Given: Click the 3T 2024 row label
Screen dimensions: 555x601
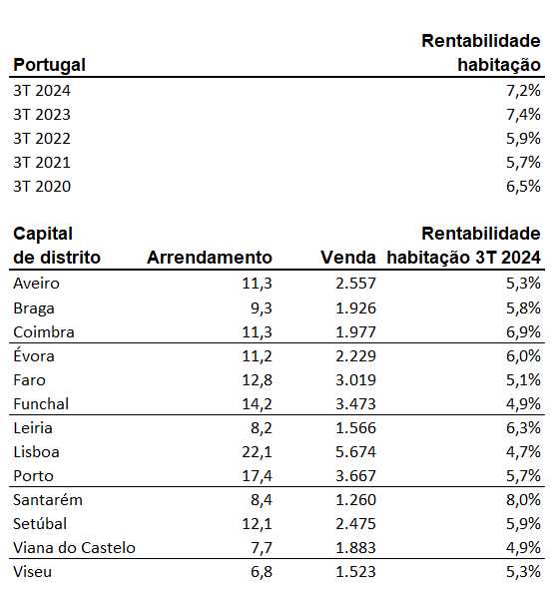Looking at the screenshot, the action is tap(42, 91).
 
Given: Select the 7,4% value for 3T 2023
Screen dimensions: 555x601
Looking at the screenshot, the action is tap(523, 115).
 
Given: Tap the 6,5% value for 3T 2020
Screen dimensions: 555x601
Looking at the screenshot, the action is tap(523, 187).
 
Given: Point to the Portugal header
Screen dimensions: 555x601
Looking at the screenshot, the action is tap(49, 65).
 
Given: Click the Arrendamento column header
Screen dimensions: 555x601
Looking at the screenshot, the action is tap(210, 258).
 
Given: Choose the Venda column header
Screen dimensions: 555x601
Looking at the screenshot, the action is tap(348, 258).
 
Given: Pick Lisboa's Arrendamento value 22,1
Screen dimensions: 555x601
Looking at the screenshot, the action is tap(257, 452).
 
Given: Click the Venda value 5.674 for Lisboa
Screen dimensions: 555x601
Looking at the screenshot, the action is tap(355, 452).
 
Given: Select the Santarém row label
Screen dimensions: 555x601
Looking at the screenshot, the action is tap(48, 500).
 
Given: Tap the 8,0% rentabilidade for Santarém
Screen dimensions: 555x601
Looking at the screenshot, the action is tap(523, 500).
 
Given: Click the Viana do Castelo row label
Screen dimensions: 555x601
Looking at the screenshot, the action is tap(74, 548).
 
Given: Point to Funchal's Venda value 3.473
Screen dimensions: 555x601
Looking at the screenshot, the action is tap(355, 404).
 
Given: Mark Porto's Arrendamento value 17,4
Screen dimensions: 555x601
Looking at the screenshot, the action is tap(257, 476).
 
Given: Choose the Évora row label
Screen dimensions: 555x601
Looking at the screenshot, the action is tap(34, 355).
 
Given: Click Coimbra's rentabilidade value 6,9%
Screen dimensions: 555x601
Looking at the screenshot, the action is tap(523, 332).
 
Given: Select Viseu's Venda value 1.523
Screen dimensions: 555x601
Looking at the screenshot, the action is tap(355, 572).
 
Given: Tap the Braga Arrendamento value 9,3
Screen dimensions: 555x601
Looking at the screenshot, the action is tap(261, 308).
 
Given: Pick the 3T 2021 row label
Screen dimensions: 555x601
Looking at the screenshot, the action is tap(42, 163).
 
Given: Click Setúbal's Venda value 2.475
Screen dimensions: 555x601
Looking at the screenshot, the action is tap(355, 524).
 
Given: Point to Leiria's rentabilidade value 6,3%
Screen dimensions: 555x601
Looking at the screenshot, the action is tap(523, 428).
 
